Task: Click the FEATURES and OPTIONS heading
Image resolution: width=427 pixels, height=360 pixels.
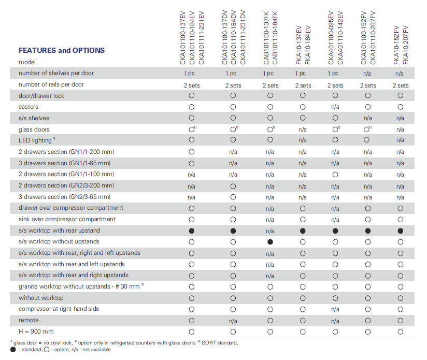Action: point(62,50)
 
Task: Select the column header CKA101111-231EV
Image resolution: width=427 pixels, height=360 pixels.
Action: point(201,38)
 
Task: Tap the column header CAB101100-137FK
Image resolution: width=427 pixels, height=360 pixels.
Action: point(266,38)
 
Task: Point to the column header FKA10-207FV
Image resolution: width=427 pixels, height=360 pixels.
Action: point(405,45)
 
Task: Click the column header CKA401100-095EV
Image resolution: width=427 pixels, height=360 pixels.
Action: point(331,38)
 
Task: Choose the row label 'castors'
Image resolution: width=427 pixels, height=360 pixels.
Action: point(29,107)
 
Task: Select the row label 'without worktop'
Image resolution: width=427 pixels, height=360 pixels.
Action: point(41,298)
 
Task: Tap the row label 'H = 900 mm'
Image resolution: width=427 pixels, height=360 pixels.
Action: point(36,332)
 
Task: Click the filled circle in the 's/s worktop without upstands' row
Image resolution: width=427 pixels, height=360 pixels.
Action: point(270,242)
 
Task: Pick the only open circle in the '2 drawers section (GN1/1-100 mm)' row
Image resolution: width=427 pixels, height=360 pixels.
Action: point(335,175)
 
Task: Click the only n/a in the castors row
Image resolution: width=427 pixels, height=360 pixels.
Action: point(335,107)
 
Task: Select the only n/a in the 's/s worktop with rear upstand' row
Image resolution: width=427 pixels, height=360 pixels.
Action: point(270,231)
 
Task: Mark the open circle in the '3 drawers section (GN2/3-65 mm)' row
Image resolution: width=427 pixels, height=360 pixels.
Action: point(233,197)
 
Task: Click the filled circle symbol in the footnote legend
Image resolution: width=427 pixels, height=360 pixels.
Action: point(13,350)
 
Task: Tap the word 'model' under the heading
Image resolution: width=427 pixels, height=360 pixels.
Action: point(27,62)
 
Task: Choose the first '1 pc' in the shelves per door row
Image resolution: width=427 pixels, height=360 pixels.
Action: point(189,74)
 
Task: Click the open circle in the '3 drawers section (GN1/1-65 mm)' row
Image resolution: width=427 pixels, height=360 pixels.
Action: point(192,163)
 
